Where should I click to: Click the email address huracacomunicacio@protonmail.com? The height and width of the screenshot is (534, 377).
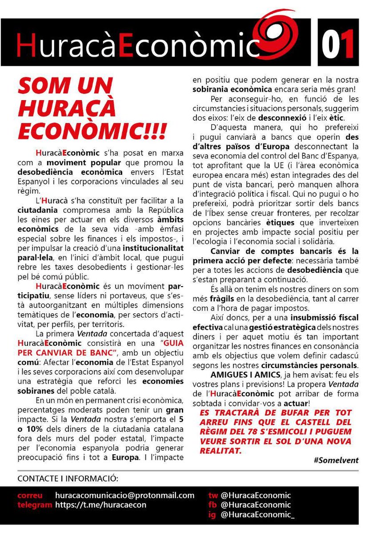pyautogui.click(x=125, y=495)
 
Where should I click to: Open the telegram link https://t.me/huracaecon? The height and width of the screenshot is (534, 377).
pyautogui.click(x=100, y=505)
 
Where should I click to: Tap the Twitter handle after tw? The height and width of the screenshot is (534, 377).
pyautogui.click(x=256, y=495)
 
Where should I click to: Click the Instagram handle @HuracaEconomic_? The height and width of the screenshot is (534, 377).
pyautogui.click(x=257, y=515)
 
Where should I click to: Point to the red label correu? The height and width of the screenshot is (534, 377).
pyautogui.click(x=30, y=495)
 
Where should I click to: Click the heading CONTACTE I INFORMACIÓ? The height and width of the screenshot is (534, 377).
pyautogui.click(x=68, y=479)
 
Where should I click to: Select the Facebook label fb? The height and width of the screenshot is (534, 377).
pyautogui.click(x=212, y=505)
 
